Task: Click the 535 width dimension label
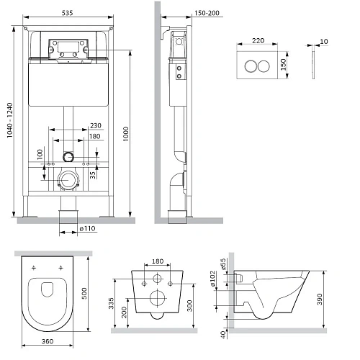(x=67, y=13)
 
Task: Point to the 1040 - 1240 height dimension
(x=9, y=120)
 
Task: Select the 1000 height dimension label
(x=126, y=134)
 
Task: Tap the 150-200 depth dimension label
(x=207, y=13)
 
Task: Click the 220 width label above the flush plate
(x=258, y=40)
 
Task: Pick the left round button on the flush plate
(x=251, y=66)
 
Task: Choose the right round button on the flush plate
(x=264, y=66)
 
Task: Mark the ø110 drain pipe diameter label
(x=87, y=228)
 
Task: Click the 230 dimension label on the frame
(x=96, y=125)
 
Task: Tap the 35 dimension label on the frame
(x=93, y=175)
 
